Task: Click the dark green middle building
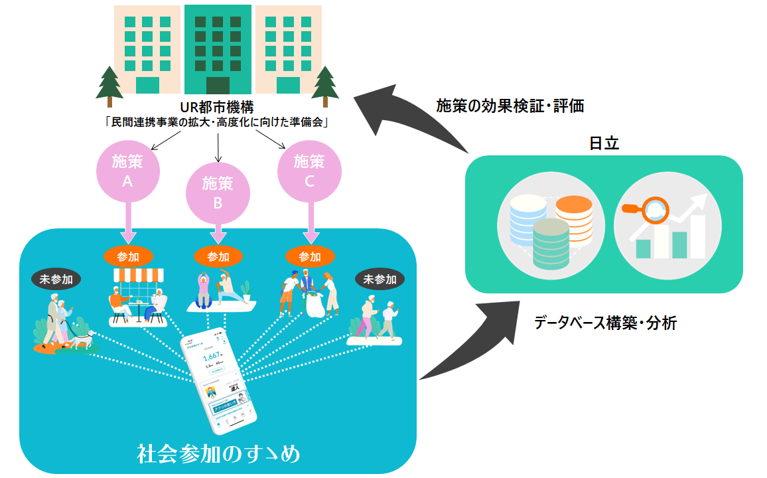click(218, 50)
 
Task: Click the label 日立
click(604, 143)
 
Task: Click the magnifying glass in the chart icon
click(644, 210)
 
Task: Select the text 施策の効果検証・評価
click(510, 106)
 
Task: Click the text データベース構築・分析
click(605, 323)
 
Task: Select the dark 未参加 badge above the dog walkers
click(56, 279)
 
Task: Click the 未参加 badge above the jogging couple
click(380, 279)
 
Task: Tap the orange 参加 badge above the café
click(129, 256)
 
